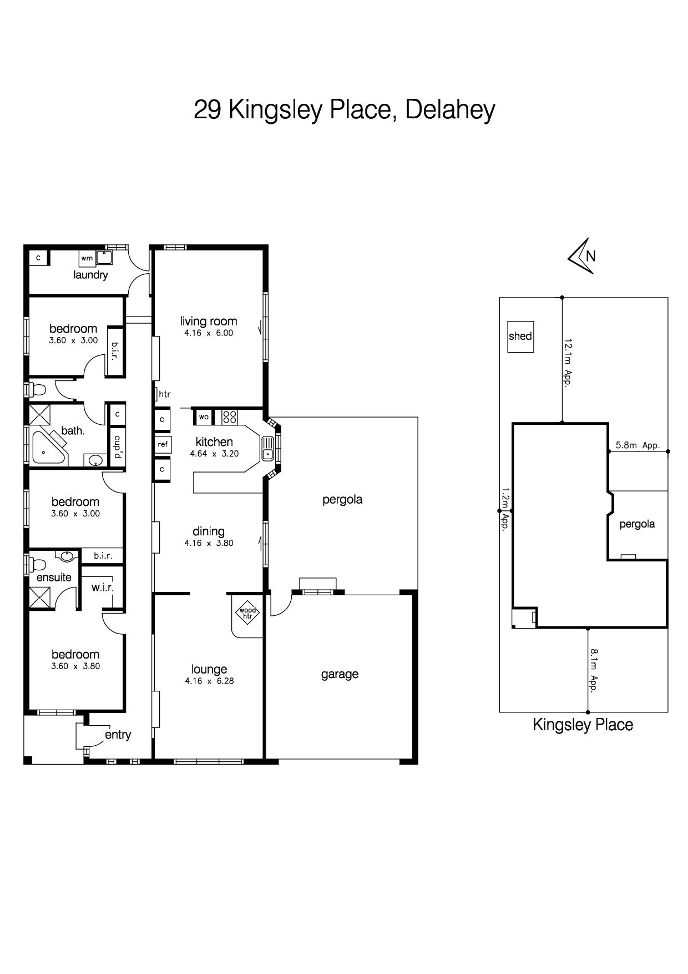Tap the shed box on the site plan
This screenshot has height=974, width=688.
point(520,337)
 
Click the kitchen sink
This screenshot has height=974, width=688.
point(267,448)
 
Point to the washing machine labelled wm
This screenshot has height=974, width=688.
point(87,258)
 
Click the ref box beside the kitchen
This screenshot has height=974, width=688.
point(162,444)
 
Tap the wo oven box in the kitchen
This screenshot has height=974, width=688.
point(204,417)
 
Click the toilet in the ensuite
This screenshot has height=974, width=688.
point(37,565)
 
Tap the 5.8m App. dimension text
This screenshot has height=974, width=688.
point(637,445)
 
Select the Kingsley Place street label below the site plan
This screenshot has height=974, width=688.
point(583,725)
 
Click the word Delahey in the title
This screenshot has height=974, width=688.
point(450,110)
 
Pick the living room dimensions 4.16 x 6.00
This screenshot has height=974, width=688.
point(209,333)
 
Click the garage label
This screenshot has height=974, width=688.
point(340,675)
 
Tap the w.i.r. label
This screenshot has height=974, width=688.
point(103,587)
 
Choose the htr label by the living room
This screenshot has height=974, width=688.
point(165,394)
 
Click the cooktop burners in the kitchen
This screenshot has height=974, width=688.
point(230,417)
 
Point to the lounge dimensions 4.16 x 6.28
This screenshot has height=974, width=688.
point(209,681)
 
